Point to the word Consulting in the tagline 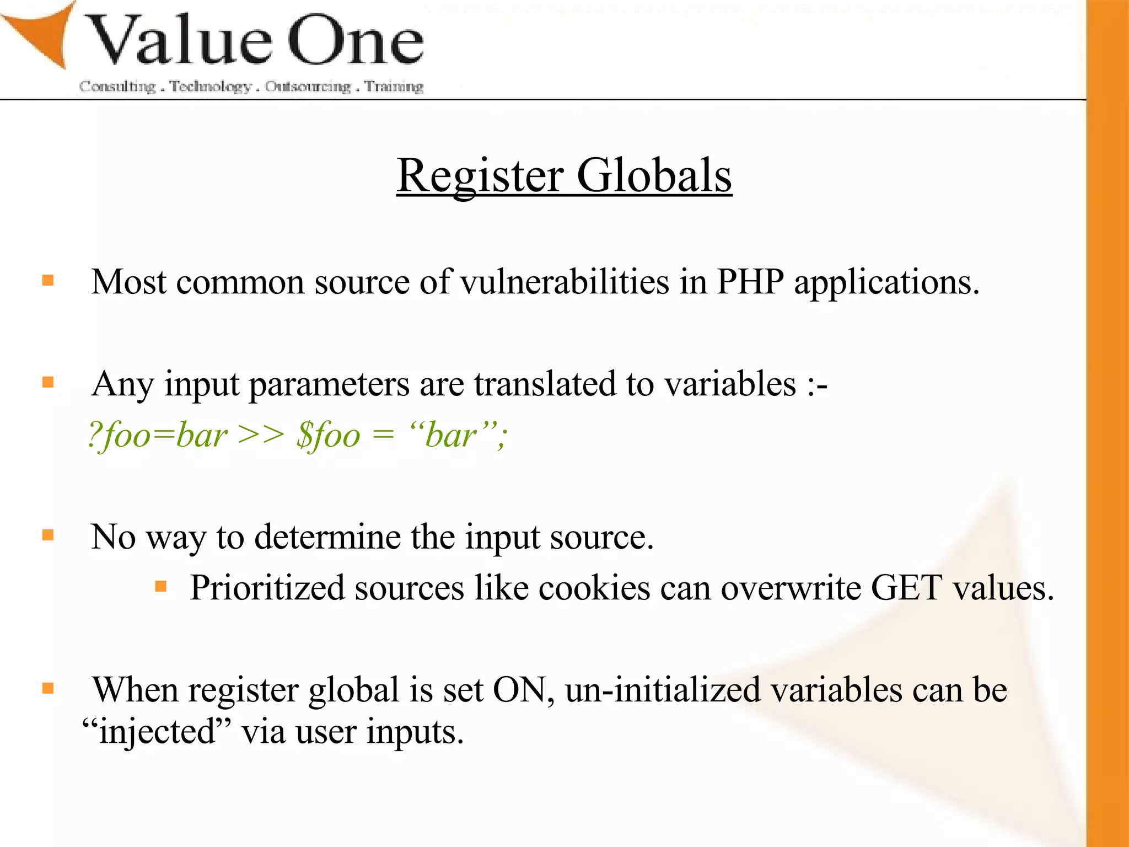(117, 87)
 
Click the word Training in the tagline (394, 87)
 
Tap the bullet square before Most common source (48, 280)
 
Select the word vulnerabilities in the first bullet (564, 282)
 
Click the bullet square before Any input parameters (48, 382)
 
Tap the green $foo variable (328, 436)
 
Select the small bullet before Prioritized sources (161, 586)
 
